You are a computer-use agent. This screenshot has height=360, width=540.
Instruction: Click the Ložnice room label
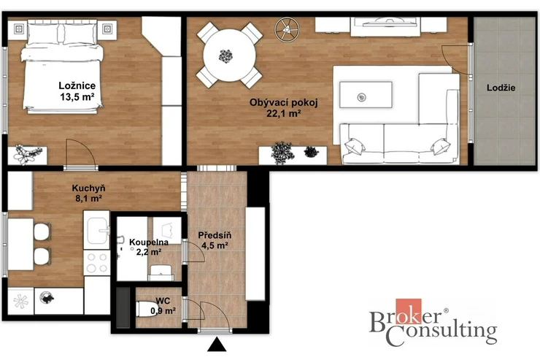[x=77, y=85]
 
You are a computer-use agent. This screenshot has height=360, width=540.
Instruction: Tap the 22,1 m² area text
[x=284, y=113]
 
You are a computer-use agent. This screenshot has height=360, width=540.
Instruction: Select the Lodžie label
[x=501, y=88]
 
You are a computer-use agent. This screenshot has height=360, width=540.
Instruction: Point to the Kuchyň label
[x=88, y=188]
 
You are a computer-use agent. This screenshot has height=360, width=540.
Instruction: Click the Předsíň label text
[x=215, y=235]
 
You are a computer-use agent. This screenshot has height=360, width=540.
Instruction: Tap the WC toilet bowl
[x=147, y=309]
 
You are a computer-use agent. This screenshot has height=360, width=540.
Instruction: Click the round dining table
[x=229, y=55]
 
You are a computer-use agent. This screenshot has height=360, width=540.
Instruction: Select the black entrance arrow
[x=217, y=345]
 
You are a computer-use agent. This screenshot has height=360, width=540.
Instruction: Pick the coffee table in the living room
[x=366, y=95]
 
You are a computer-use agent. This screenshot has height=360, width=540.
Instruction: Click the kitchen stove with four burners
[x=97, y=263]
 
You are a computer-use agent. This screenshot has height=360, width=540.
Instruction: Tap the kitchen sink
[x=96, y=231]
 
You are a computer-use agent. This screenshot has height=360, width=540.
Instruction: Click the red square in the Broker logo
[x=409, y=311]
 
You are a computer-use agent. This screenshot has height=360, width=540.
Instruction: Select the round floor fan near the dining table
[x=287, y=30]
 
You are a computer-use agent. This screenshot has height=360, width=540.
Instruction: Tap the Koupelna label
[x=149, y=242]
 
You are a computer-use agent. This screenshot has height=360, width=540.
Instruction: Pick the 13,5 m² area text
[x=77, y=97]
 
